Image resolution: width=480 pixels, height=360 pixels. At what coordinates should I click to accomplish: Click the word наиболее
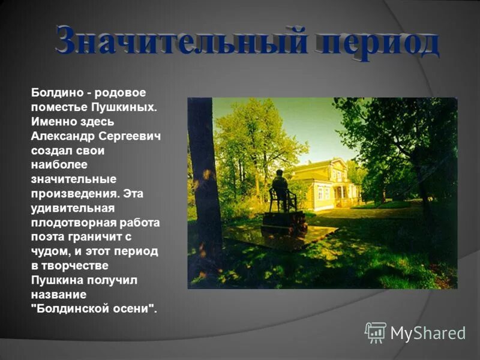59,164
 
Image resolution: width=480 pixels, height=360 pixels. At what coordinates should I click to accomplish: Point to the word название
59,295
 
